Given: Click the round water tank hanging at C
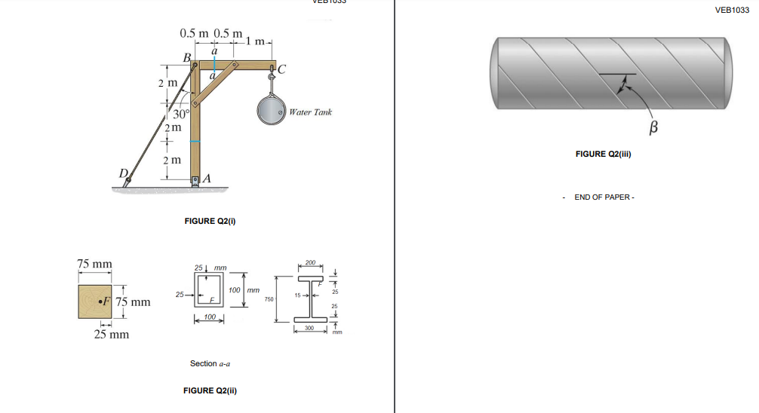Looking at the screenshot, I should pyautogui.click(x=271, y=112).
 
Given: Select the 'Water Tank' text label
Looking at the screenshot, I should pyautogui.click(x=310, y=112).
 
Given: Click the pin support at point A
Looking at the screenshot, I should pyautogui.click(x=195, y=180).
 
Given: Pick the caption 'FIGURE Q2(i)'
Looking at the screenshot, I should pyautogui.click(x=211, y=222).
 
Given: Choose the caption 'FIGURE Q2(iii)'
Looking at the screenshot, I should pyautogui.click(x=603, y=154).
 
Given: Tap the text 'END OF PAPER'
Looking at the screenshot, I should pyautogui.click(x=603, y=197).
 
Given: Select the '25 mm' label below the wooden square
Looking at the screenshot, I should pyautogui.click(x=111, y=334).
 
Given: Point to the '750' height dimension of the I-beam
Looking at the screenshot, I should pyautogui.click(x=269, y=300).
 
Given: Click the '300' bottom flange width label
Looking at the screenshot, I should pyautogui.click(x=309, y=328).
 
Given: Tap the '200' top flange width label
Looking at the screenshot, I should pyautogui.click(x=309, y=262).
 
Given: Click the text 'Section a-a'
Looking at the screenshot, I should pyautogui.click(x=210, y=363).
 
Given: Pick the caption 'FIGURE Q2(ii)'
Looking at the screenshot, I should pyautogui.click(x=212, y=390).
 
